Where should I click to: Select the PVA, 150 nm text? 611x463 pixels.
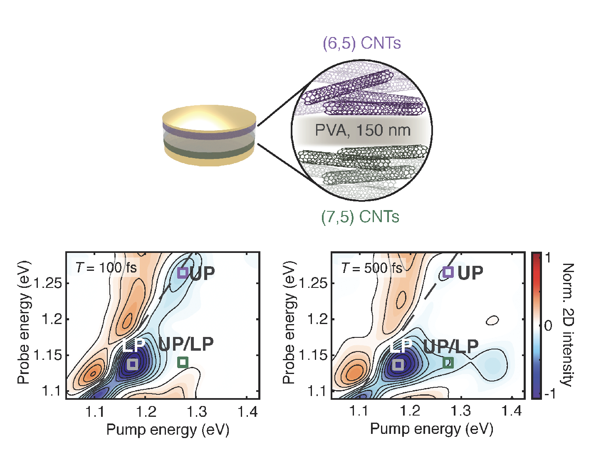(362, 131)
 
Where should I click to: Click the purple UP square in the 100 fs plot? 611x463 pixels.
(183, 273)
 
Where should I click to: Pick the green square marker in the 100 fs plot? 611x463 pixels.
(183, 362)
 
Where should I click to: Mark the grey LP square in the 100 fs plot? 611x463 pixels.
(133, 364)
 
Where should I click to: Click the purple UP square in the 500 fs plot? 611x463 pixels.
(448, 272)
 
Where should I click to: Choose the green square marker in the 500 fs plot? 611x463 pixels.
(448, 363)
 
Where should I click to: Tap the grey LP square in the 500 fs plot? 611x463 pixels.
(398, 364)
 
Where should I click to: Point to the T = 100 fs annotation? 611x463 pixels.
(106, 267)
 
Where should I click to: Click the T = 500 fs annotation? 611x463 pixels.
(372, 268)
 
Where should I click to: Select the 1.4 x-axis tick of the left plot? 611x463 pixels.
(248, 412)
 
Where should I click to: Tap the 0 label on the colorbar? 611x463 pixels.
(548, 325)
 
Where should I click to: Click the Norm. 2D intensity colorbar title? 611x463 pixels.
(567, 324)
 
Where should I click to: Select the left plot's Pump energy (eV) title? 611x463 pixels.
(168, 430)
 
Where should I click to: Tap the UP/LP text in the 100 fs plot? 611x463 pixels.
(186, 344)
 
